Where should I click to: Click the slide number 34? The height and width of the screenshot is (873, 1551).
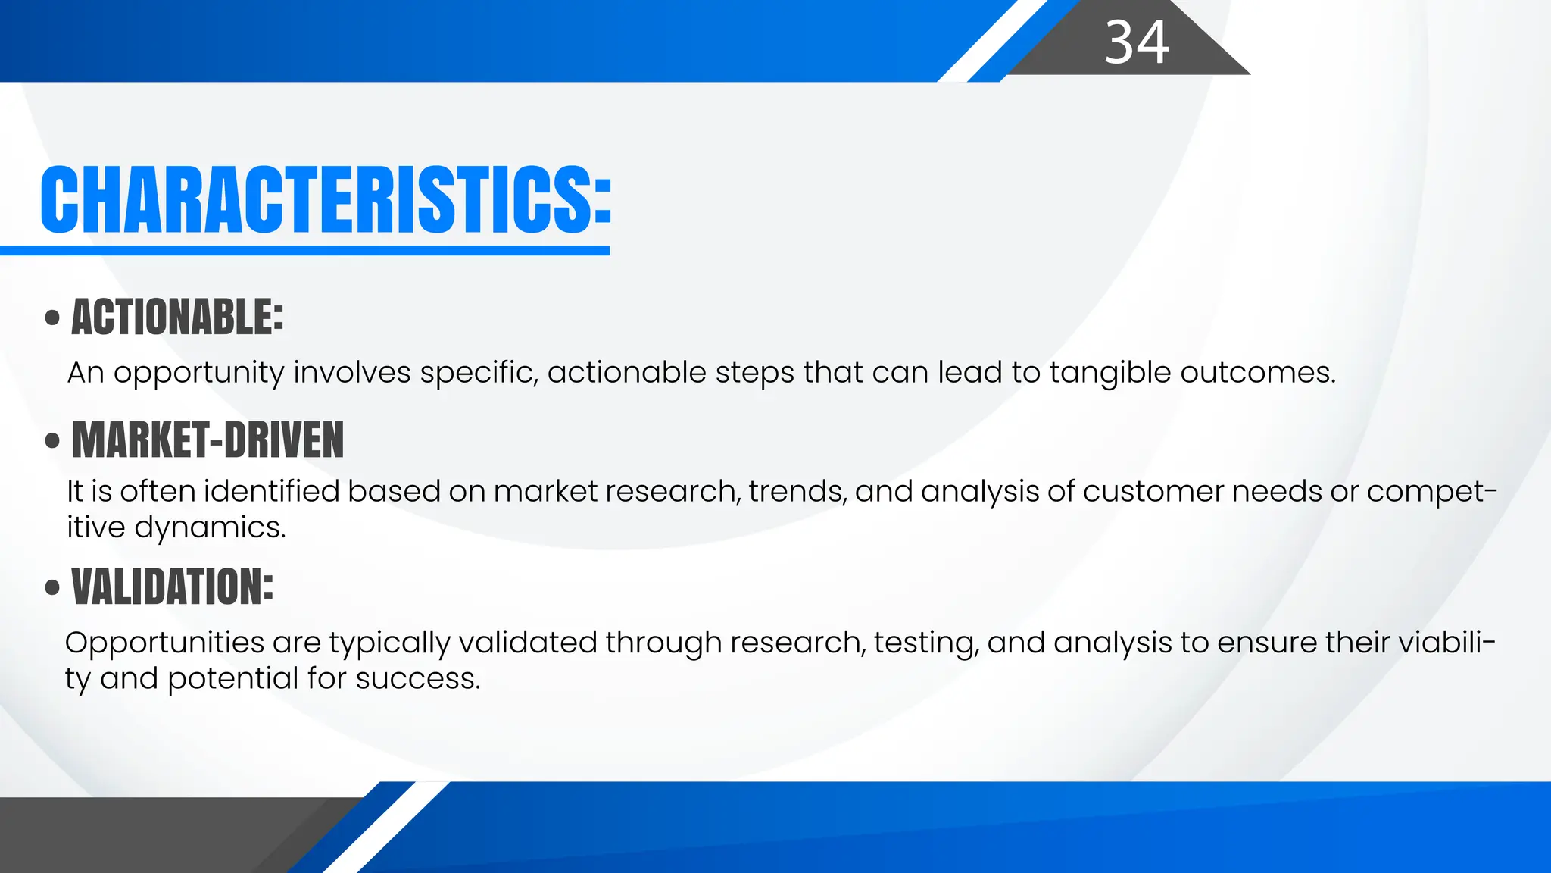(1136, 42)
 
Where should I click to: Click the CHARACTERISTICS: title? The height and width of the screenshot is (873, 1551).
(326, 199)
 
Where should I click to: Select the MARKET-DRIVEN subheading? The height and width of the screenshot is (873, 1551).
(208, 440)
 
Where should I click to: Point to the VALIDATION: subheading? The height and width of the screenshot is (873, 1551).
(173, 587)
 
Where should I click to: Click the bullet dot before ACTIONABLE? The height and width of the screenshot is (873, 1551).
(52, 318)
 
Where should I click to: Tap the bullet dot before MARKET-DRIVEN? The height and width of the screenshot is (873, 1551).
(52, 441)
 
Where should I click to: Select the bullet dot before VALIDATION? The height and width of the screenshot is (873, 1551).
(52, 588)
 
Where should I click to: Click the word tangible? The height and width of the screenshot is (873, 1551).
(1109, 373)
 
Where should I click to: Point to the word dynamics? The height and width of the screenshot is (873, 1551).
(210, 527)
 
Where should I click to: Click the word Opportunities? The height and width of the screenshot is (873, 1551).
(164, 643)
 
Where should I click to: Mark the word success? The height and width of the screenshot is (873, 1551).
(417, 678)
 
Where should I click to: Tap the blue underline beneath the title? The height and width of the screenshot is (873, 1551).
(304, 251)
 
